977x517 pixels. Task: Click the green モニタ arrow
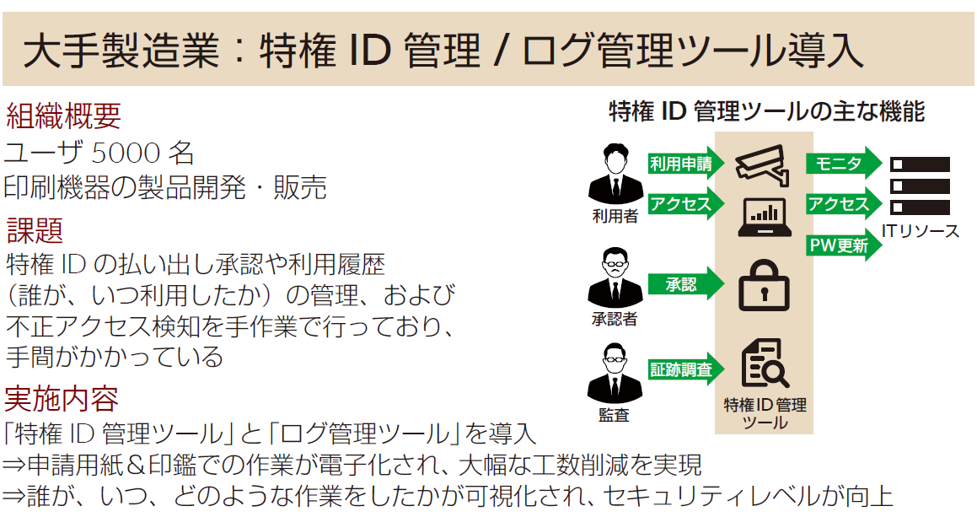click(x=842, y=164)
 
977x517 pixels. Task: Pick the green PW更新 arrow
click(x=842, y=245)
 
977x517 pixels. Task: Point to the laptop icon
click(x=762, y=216)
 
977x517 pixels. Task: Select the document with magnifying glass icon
click(x=764, y=364)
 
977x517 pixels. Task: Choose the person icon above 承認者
click(x=615, y=277)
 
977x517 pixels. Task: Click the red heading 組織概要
click(x=63, y=116)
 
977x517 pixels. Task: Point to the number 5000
click(x=126, y=153)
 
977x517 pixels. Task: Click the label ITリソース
click(x=921, y=230)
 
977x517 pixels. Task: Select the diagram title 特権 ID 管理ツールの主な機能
click(x=766, y=111)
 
